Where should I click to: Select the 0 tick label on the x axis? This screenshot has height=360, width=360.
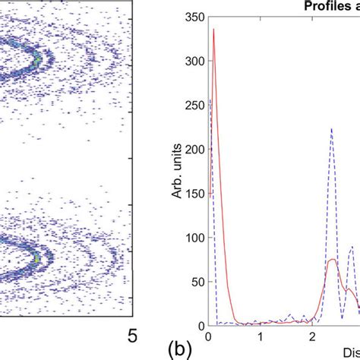[x=209, y=336]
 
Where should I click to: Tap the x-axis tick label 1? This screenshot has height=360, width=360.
[x=261, y=336]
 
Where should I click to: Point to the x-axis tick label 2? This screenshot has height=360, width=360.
[x=312, y=336]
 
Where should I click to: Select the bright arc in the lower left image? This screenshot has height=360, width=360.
[x=34, y=254]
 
